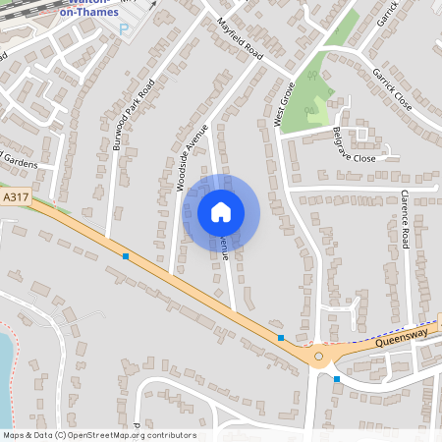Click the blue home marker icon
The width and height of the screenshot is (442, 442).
221,211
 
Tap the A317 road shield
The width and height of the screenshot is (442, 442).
14,198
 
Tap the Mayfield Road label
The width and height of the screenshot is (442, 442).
241,38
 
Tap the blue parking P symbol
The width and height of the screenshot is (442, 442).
124,29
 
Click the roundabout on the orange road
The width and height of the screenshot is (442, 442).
318,357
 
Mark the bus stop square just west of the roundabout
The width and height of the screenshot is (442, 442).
281,338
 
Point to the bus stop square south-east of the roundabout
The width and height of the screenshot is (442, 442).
337,378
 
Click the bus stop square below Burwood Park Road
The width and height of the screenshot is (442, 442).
126,256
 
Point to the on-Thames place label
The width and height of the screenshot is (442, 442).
89,13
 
